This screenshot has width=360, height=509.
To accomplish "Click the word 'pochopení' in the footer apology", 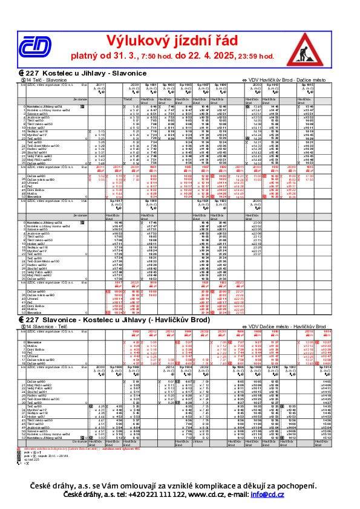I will pyautogui.click(x=304, y=486).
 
